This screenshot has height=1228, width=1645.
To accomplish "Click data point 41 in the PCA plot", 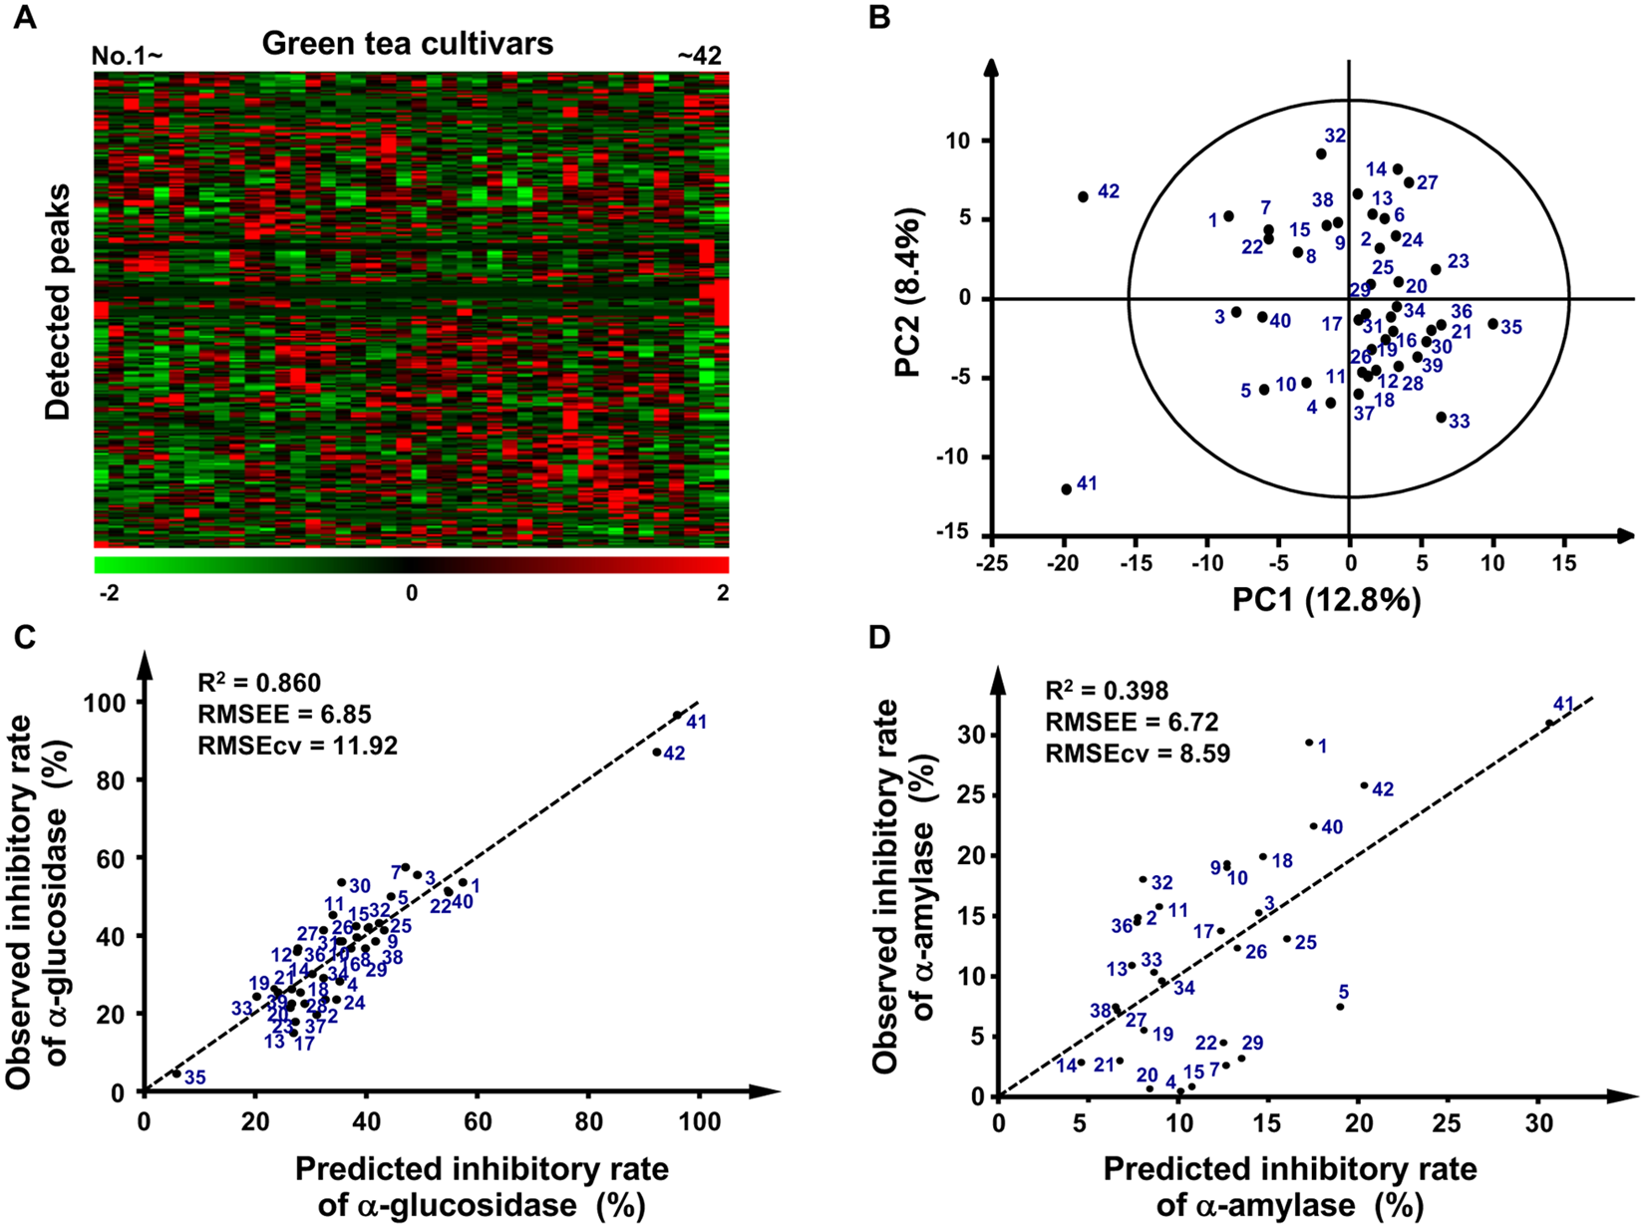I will pyautogui.click(x=1067, y=489).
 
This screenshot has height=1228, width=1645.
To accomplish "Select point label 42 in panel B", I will pyautogui.click(x=1109, y=191).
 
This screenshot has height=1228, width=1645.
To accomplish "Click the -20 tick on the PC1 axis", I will pyautogui.click(x=1064, y=564).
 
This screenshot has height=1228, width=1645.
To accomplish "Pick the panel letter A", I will pyautogui.click(x=24, y=18).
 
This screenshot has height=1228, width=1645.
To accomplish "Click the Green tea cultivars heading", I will pyautogui.click(x=408, y=44).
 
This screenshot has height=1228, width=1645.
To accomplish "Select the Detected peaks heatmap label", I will pyautogui.click(x=59, y=301).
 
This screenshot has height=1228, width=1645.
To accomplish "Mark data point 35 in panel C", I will pyautogui.click(x=176, y=1074).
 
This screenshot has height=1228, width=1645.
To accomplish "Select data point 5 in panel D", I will pyautogui.click(x=1340, y=1007).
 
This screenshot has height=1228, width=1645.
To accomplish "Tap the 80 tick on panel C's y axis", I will pyautogui.click(x=117, y=779).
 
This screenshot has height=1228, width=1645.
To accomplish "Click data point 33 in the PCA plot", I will pyautogui.click(x=1442, y=417).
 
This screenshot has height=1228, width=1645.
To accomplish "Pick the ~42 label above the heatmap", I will pyautogui.click(x=699, y=57).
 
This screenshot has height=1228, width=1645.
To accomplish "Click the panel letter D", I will pyautogui.click(x=879, y=635).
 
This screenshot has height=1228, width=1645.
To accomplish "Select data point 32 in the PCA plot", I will pyautogui.click(x=1321, y=154).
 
